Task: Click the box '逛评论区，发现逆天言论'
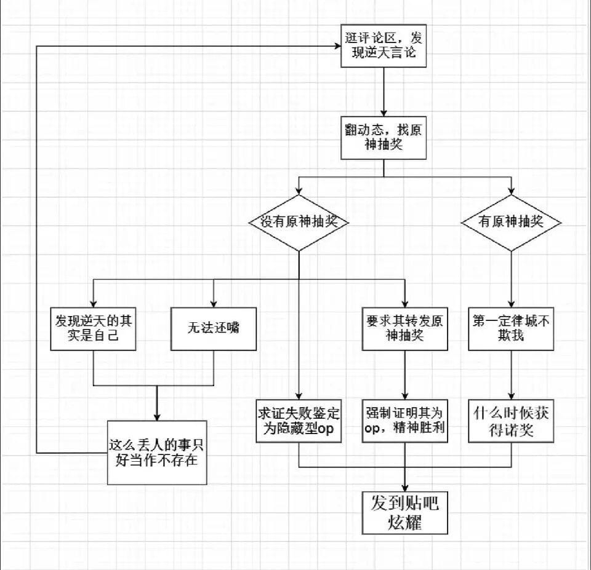point(383,46)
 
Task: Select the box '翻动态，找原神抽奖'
point(383,139)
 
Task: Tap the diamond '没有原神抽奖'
point(299,223)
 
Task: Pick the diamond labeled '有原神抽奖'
point(511,223)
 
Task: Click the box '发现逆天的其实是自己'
point(92,328)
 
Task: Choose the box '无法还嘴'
point(213,328)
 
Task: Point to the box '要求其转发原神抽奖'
point(404,328)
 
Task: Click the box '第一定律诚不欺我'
point(511,328)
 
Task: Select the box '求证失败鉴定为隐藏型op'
point(299,421)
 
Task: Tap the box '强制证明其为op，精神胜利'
point(404,421)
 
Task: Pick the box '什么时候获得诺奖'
point(511,421)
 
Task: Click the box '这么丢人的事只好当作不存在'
point(156,452)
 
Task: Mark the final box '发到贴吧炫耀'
point(404,512)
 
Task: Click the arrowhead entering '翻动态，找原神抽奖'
point(383,113)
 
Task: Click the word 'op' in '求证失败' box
point(326,429)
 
